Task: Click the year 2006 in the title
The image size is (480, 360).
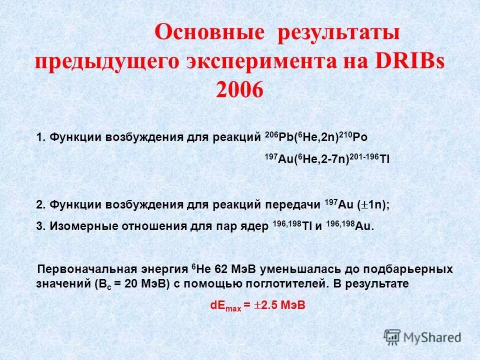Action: point(239,89)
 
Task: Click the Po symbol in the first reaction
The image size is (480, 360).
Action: point(364,137)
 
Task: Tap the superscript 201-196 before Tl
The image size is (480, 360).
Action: point(364,155)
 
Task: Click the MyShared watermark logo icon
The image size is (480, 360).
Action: point(392,337)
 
